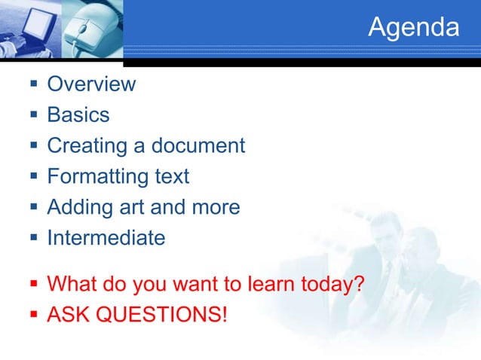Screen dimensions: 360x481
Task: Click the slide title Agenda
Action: (413, 28)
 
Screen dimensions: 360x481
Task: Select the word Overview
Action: (91, 84)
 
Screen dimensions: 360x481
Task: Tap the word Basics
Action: (78, 115)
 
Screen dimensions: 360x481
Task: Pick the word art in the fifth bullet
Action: (130, 207)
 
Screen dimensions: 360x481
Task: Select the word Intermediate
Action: (106, 238)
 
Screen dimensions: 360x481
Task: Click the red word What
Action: (72, 285)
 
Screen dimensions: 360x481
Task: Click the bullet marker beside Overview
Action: (33, 84)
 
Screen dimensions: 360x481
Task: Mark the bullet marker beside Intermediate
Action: (33, 239)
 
